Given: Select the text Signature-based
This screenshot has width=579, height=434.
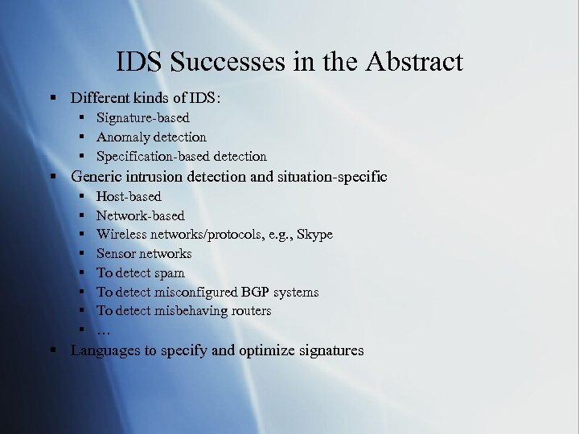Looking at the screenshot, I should click(x=143, y=118).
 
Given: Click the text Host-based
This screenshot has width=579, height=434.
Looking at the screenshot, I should click(x=129, y=196).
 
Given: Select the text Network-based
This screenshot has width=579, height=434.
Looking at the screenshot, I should click(x=141, y=215).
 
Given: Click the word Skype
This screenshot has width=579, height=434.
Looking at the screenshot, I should click(x=314, y=235).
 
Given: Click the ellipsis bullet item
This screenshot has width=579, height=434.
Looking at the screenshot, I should click(x=103, y=330).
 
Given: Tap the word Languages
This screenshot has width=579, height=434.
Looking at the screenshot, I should click(x=105, y=350).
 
